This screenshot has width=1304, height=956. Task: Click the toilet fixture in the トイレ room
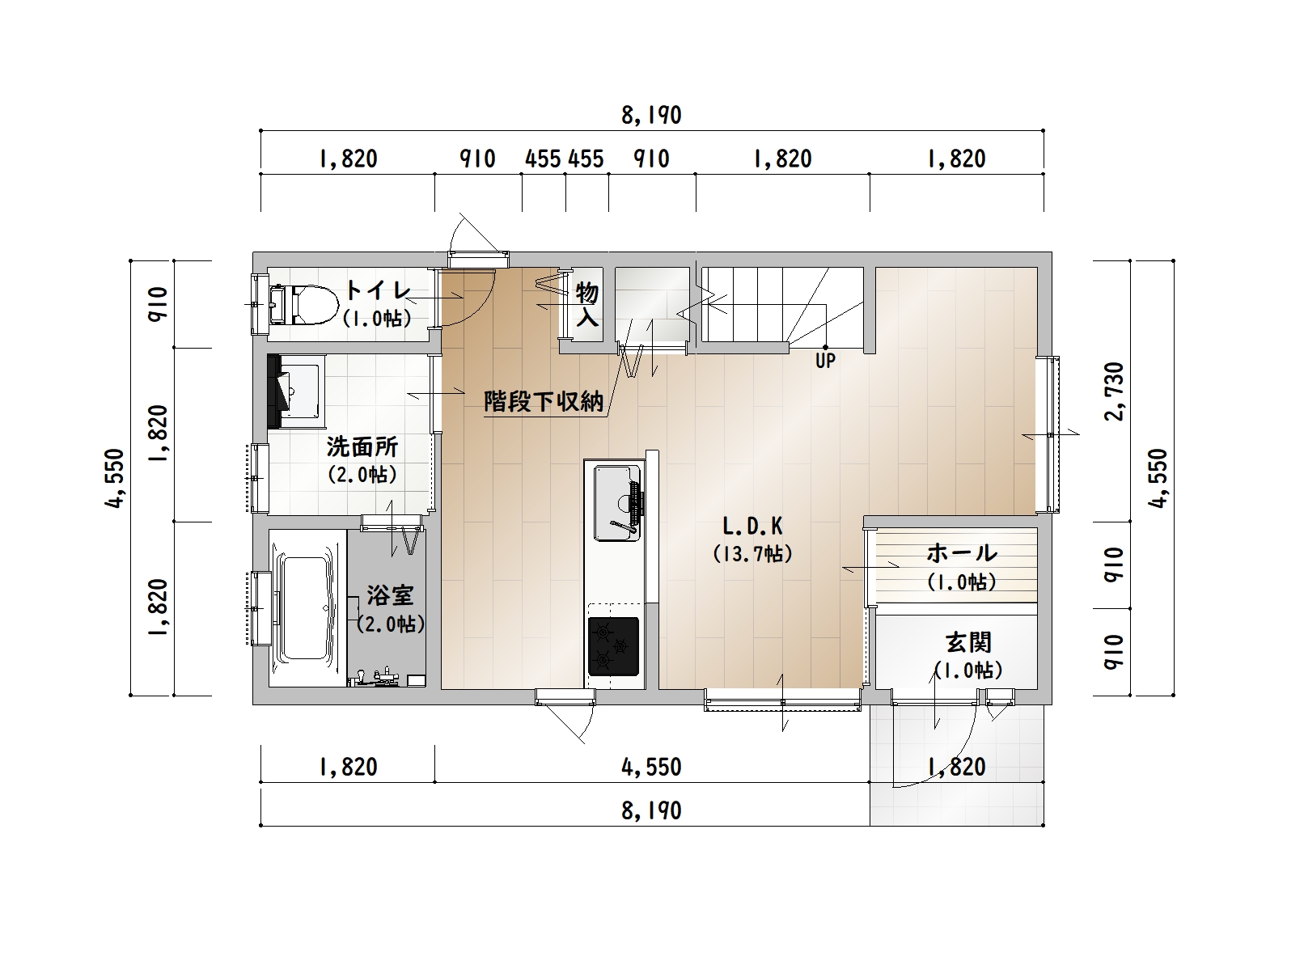tap(304, 304)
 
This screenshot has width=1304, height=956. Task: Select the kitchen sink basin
tap(616, 502)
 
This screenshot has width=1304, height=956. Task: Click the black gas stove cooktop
tap(613, 646)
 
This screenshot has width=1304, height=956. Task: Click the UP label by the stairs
tap(825, 361)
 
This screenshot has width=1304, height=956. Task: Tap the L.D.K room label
tap(752, 527)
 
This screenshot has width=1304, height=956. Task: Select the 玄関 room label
tap(968, 642)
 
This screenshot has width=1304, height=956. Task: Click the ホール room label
tap(962, 552)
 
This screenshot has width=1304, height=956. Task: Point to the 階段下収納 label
tap(544, 401)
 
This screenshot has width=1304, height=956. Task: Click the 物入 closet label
tap(586, 304)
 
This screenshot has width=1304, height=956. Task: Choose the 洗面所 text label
tap(362, 446)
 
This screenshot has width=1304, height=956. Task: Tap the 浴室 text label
tap(390, 595)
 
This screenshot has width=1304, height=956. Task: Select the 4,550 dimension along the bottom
tap(651, 767)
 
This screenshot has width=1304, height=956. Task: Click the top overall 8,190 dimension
tap(651, 116)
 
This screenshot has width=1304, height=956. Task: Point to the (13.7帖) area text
tap(752, 554)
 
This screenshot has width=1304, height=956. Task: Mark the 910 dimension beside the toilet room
tap(159, 304)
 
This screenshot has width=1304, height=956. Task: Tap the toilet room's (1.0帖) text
tap(377, 319)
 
